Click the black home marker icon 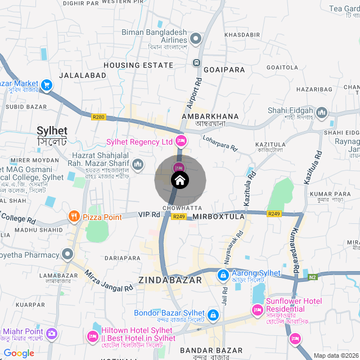pyautogui.click(x=180, y=181)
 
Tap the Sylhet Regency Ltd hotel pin pyautogui.click(x=181, y=140)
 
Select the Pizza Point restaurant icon pyautogui.click(x=74, y=216)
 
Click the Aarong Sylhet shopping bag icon pyautogui.click(x=223, y=275)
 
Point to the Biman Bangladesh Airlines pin pyautogui.click(x=196, y=39)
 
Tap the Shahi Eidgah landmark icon pyautogui.click(x=322, y=112)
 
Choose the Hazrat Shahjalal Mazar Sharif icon pyautogui.click(x=138, y=164)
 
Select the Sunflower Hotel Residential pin pyautogui.click(x=258, y=309)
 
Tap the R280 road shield pyautogui.click(x=98, y=117)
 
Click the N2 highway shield pyautogui.click(x=313, y=277)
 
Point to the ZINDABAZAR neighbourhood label pyautogui.click(x=170, y=280)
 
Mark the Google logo pyautogui.click(x=19, y=353)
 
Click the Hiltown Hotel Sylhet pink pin pyautogui.click(x=92, y=336)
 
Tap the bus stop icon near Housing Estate pyautogui.click(x=197, y=62)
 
